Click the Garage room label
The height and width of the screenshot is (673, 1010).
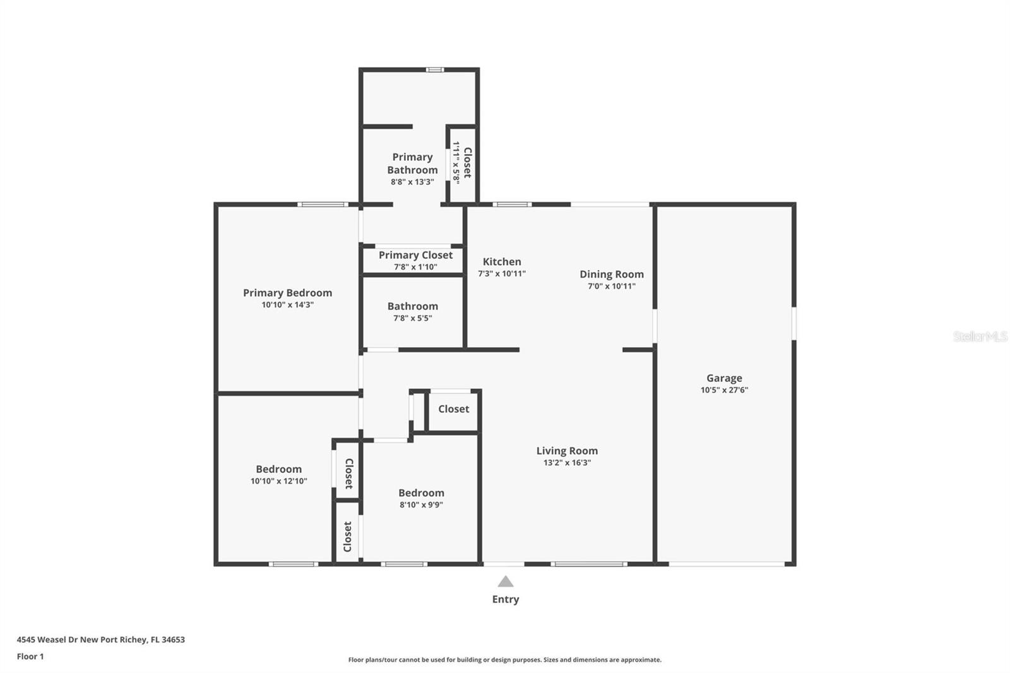pos(724,378)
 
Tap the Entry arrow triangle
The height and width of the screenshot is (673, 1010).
pos(506,581)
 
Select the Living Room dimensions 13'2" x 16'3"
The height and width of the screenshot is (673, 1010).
pos(567,463)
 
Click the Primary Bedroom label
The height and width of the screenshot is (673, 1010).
pos(287,293)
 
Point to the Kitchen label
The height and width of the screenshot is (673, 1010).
pos(502,261)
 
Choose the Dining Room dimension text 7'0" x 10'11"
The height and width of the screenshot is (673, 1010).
pos(611,286)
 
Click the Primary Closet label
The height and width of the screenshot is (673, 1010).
pos(415,255)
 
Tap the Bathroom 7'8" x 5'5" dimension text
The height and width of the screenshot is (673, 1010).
pos(412,318)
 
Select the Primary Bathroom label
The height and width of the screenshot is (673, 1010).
pos(412,164)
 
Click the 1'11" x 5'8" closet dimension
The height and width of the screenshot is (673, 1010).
pos(456,162)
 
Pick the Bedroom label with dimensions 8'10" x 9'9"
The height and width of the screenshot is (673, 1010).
pos(421,493)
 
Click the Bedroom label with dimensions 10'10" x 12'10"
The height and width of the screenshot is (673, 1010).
pos(278,469)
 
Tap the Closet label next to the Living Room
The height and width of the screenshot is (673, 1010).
pos(453,409)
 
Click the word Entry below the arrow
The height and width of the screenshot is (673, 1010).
pos(506,600)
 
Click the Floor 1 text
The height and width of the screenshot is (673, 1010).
pos(30,657)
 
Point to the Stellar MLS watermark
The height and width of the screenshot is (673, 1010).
pos(980,336)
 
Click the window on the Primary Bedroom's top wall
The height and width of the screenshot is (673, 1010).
pos(322,205)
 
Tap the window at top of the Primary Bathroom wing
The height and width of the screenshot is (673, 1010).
pos(434,69)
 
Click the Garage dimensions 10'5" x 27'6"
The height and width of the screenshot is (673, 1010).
pos(724,390)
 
